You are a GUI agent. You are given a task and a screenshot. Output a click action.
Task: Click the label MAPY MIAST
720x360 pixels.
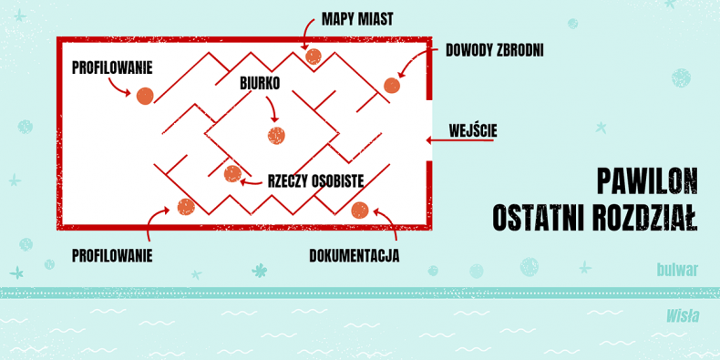click(357, 19)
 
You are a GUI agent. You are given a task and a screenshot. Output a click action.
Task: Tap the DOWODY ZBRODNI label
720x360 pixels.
click(495, 50)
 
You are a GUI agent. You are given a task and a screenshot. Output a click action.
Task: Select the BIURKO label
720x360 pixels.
click(260, 83)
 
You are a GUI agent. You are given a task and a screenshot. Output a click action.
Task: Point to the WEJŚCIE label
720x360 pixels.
click(473, 131)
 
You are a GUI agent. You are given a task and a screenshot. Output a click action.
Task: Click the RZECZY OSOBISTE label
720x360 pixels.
click(316, 181)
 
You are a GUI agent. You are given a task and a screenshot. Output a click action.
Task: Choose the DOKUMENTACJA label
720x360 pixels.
click(354, 256)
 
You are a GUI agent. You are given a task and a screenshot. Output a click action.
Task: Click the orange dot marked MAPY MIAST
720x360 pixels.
click(314, 57)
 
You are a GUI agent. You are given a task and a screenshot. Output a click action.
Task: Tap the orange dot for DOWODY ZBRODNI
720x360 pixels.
click(392, 86)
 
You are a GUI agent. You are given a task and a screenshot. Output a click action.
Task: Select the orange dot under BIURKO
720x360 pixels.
click(276, 136)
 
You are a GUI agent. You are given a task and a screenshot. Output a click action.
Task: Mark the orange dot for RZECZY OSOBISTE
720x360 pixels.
click(232, 174)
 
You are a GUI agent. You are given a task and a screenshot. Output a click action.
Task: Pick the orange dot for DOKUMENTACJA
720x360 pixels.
click(359, 211)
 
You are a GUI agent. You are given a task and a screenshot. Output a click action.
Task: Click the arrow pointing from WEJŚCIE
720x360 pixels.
click(459, 140)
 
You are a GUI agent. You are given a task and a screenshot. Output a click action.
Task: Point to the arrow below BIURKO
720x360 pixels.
click(273, 107)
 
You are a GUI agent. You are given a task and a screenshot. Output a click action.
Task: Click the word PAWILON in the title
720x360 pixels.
click(647, 181)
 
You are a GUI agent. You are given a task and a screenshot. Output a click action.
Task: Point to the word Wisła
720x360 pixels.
click(683, 316)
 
